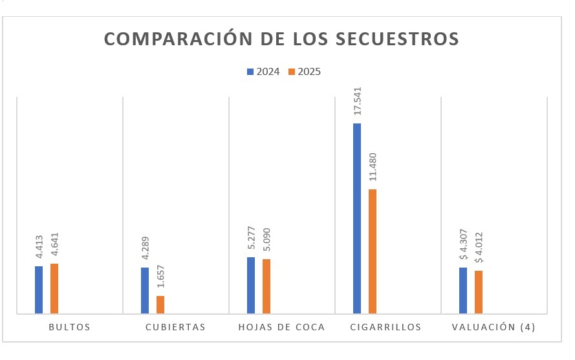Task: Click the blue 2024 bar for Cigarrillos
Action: pos(357,218)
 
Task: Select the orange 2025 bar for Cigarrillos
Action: pos(372,251)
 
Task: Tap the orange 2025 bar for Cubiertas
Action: pos(160,304)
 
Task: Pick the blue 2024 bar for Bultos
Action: pos(39,290)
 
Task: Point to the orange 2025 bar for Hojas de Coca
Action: pos(266,286)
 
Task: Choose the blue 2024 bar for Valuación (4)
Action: pos(463,290)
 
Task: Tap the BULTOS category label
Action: pos(69,327)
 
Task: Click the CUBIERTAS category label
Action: pos(175,327)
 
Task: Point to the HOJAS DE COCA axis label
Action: pos(281,327)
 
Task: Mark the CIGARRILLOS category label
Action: pos(385,327)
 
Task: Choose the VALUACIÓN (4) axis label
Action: pos(494,327)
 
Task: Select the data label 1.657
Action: pos(160,275)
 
